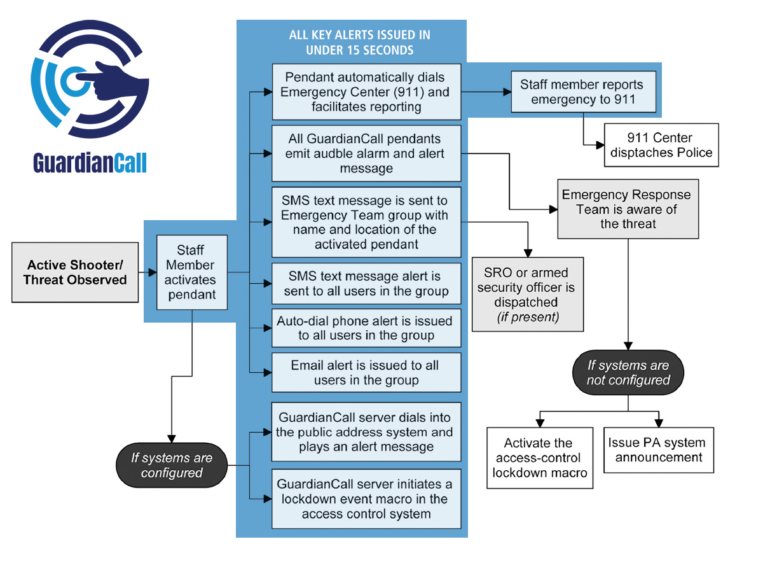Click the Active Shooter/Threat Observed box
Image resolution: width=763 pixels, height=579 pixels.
coord(75,272)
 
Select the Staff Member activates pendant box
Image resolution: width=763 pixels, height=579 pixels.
coord(191,272)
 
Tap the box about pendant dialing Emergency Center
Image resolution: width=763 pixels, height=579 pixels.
coord(366,92)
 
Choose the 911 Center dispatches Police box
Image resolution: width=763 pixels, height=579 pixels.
coord(661,145)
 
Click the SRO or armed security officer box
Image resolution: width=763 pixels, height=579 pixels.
coord(527,294)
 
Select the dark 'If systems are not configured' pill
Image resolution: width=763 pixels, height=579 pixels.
coord(628,373)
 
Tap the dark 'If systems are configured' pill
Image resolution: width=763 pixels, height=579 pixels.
coord(172,465)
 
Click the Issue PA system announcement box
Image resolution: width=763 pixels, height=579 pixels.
coord(659,450)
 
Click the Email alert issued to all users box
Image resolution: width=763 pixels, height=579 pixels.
coord(366,373)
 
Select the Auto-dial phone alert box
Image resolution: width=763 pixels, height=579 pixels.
coord(366,328)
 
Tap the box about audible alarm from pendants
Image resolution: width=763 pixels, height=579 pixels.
coord(366,153)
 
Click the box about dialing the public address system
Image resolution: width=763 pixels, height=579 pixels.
coord(366,432)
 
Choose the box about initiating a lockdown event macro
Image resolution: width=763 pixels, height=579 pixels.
coord(366,499)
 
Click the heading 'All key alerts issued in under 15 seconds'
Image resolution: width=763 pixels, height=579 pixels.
coord(351,42)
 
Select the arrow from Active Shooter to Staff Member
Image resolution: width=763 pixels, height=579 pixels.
coord(148,272)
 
